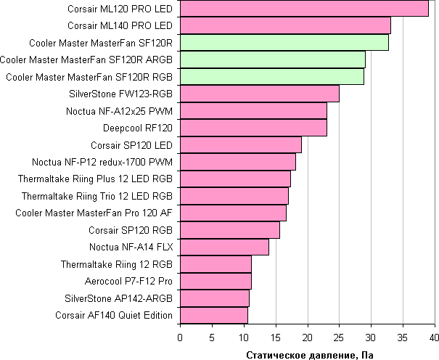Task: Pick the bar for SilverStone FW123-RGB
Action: [259, 94]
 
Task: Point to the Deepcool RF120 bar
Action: [253, 128]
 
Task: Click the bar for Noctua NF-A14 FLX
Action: [224, 247]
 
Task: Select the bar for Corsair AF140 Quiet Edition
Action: [213, 315]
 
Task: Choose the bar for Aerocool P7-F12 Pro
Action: [216, 281]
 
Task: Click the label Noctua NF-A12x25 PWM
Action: [119, 111]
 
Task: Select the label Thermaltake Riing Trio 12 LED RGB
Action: [97, 196]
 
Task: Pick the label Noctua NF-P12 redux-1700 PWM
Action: [102, 162]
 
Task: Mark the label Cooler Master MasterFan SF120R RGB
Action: [89, 77]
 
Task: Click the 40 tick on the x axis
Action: [435, 337]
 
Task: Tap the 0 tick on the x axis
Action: [180, 337]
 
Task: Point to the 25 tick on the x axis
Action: [339, 337]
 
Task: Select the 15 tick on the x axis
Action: [275, 337]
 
